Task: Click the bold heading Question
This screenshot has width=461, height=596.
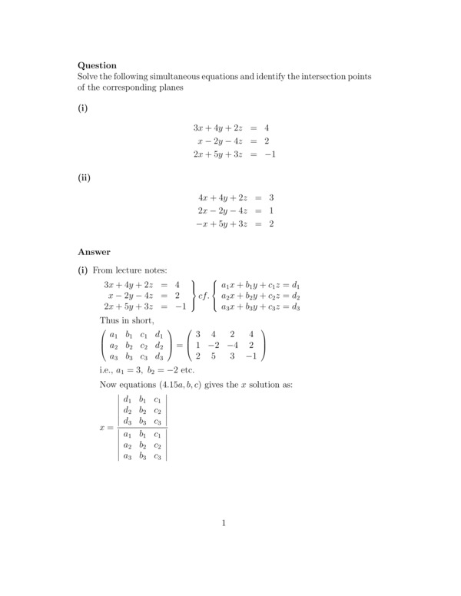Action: [x=97, y=65]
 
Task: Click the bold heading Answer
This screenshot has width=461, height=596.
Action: [x=94, y=251]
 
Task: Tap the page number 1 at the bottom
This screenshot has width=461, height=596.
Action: [x=224, y=524]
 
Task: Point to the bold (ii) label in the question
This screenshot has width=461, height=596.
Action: [x=85, y=177]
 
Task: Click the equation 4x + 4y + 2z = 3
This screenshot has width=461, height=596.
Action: [x=235, y=197]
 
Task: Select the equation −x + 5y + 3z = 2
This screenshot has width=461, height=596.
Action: [x=235, y=224]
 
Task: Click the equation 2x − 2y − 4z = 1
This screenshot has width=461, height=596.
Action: [x=235, y=210]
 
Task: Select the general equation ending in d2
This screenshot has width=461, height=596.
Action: [x=260, y=296]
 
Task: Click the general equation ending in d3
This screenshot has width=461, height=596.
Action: [x=260, y=307]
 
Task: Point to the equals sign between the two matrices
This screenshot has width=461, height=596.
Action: [x=181, y=346]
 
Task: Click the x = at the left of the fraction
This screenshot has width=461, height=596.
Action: [x=106, y=428]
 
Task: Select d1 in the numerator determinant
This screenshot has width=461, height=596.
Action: [x=128, y=399]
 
